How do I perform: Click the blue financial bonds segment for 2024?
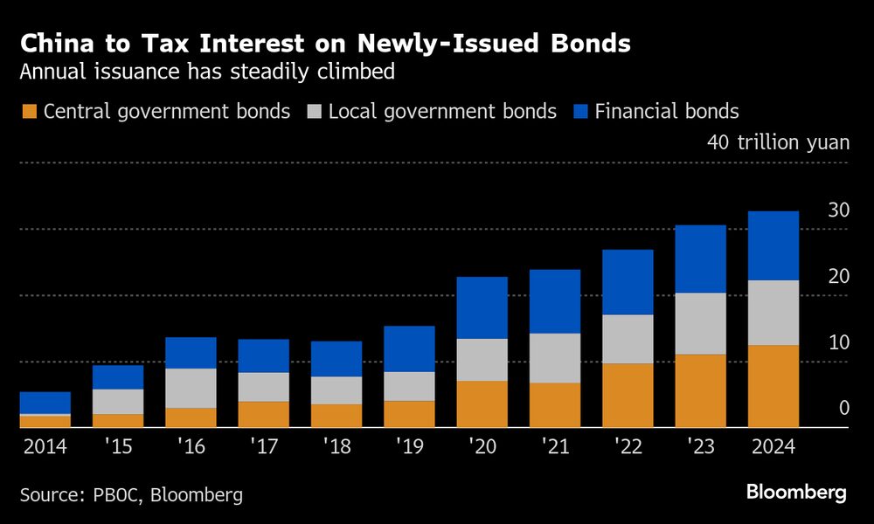pyautogui.click(x=773, y=245)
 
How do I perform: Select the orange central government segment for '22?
pyautogui.click(x=628, y=395)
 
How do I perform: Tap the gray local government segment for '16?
pyautogui.click(x=191, y=388)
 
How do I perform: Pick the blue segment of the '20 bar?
pyautogui.click(x=482, y=307)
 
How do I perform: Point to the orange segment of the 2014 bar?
pyautogui.click(x=45, y=422)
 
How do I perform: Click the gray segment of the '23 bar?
pyautogui.click(x=700, y=323)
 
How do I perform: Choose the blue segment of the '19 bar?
pyautogui.click(x=409, y=348)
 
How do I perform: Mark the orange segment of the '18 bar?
pyautogui.click(x=336, y=416)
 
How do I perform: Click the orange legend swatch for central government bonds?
pyautogui.click(x=29, y=112)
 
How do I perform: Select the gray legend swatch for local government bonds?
pyautogui.click(x=315, y=112)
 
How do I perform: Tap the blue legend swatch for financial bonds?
pyautogui.click(x=580, y=112)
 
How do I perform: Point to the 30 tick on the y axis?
pyautogui.click(x=838, y=210)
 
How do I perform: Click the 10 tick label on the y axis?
pyautogui.click(x=838, y=342)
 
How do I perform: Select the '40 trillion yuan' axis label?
pyautogui.click(x=778, y=141)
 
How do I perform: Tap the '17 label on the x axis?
pyautogui.click(x=263, y=447)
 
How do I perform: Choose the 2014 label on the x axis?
pyautogui.click(x=45, y=447)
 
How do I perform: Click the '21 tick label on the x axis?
pyautogui.click(x=554, y=447)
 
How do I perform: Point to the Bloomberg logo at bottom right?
pyautogui.click(x=796, y=493)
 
